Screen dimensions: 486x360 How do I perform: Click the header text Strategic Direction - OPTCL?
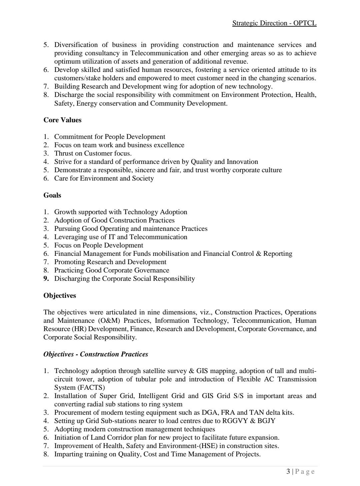[274, 23]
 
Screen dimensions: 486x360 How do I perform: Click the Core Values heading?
[62, 120]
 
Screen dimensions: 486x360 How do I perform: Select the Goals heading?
[52, 195]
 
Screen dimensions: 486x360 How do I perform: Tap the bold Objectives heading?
[60, 295]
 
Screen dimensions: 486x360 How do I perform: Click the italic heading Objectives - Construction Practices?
[96, 354]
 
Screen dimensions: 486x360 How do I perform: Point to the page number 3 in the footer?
[288, 471]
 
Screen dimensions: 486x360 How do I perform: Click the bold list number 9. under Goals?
[46, 278]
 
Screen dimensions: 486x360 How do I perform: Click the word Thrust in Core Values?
[64, 153]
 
